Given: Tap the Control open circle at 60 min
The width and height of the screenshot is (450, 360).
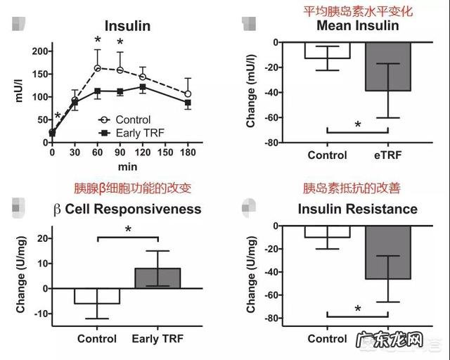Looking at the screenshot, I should coord(98,68).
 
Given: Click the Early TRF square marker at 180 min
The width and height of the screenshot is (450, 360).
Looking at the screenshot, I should coord(188,103).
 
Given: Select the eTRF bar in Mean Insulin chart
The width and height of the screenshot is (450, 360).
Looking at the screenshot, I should coord(387,67).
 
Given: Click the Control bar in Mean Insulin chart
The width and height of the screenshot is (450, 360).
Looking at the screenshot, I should coord(327,51).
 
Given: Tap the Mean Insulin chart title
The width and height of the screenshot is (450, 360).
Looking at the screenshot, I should coord(357,27).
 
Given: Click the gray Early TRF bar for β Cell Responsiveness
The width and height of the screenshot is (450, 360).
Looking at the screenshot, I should coord(158,278).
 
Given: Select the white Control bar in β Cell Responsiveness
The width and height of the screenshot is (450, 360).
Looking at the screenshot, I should coord(97,295).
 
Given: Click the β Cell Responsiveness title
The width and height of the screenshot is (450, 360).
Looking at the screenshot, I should coord(127,209).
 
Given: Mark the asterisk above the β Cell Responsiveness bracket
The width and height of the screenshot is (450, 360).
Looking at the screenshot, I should coord(128,229).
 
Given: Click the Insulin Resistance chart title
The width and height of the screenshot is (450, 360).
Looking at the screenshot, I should coord(357,210).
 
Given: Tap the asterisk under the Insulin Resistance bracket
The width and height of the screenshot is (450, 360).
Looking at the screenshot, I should coord(357,309).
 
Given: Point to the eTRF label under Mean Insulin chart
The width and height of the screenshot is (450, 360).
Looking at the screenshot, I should coord(387,155).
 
